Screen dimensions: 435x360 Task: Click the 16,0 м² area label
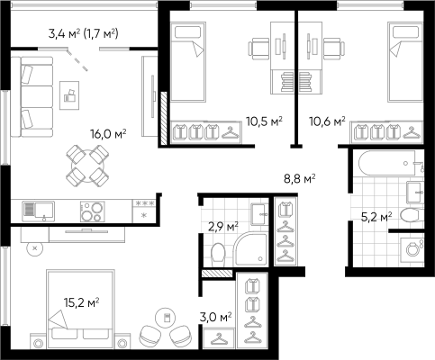(108, 133)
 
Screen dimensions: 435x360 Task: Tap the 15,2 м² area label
(82, 302)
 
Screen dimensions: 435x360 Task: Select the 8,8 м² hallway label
(300, 179)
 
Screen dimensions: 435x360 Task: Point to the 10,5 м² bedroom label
(265, 121)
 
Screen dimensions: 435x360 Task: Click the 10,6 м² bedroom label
(328, 121)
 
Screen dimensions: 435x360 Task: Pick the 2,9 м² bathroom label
(223, 226)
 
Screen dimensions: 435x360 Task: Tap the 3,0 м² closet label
(215, 317)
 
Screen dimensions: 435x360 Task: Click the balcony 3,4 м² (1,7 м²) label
(83, 33)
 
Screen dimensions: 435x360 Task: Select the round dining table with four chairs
(87, 166)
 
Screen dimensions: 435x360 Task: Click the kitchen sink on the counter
(39, 211)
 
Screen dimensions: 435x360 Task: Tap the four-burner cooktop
(93, 211)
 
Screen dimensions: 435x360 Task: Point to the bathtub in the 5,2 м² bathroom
(387, 163)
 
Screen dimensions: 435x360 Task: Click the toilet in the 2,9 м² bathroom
(218, 255)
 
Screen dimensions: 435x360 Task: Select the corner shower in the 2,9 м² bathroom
(251, 249)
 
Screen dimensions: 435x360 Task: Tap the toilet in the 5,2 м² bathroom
(411, 215)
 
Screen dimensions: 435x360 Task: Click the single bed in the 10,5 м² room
(188, 62)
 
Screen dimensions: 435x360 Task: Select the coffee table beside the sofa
(69, 95)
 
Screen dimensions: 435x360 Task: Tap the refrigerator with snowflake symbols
(144, 211)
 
